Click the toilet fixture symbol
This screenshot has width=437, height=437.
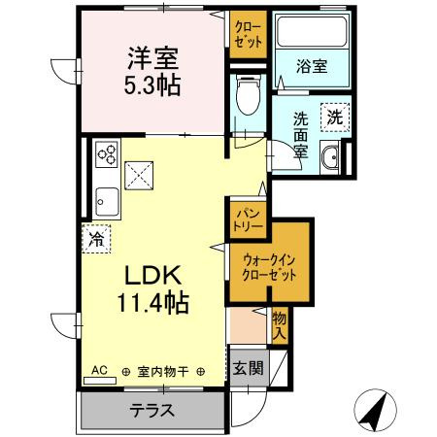(247, 98)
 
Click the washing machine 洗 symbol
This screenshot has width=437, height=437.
(335, 117)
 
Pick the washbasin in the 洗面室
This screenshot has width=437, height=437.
(330, 157)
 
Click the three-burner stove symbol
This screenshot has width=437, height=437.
(106, 154)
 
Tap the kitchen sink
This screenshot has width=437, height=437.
(106, 201)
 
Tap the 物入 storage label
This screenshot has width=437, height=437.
(279, 324)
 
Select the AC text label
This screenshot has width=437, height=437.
(99, 370)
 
